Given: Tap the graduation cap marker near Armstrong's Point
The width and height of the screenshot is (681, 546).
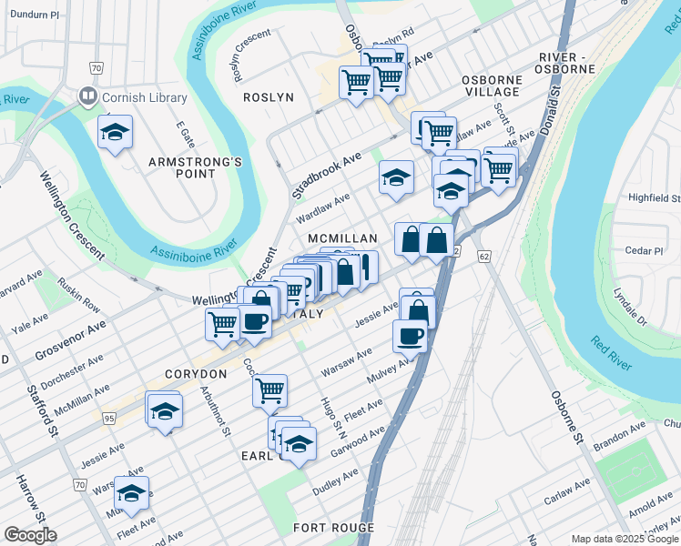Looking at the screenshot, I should (x=116, y=133).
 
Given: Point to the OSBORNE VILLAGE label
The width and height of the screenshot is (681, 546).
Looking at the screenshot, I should (x=491, y=86).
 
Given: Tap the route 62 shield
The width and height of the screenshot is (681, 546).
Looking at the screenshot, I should (x=482, y=257).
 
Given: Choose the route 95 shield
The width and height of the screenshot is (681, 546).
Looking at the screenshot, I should (x=109, y=419).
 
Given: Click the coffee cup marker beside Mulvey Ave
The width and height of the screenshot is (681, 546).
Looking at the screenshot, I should (x=410, y=336).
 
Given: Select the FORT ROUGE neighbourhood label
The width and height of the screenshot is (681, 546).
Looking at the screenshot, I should (x=333, y=528).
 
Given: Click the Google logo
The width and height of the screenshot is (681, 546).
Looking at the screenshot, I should (x=30, y=535).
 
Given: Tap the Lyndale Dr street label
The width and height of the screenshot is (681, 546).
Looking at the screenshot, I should (x=629, y=308).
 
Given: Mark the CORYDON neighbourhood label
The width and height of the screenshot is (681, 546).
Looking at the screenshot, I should (x=196, y=374).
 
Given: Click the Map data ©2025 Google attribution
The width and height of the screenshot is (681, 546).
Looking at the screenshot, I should (x=624, y=539).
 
